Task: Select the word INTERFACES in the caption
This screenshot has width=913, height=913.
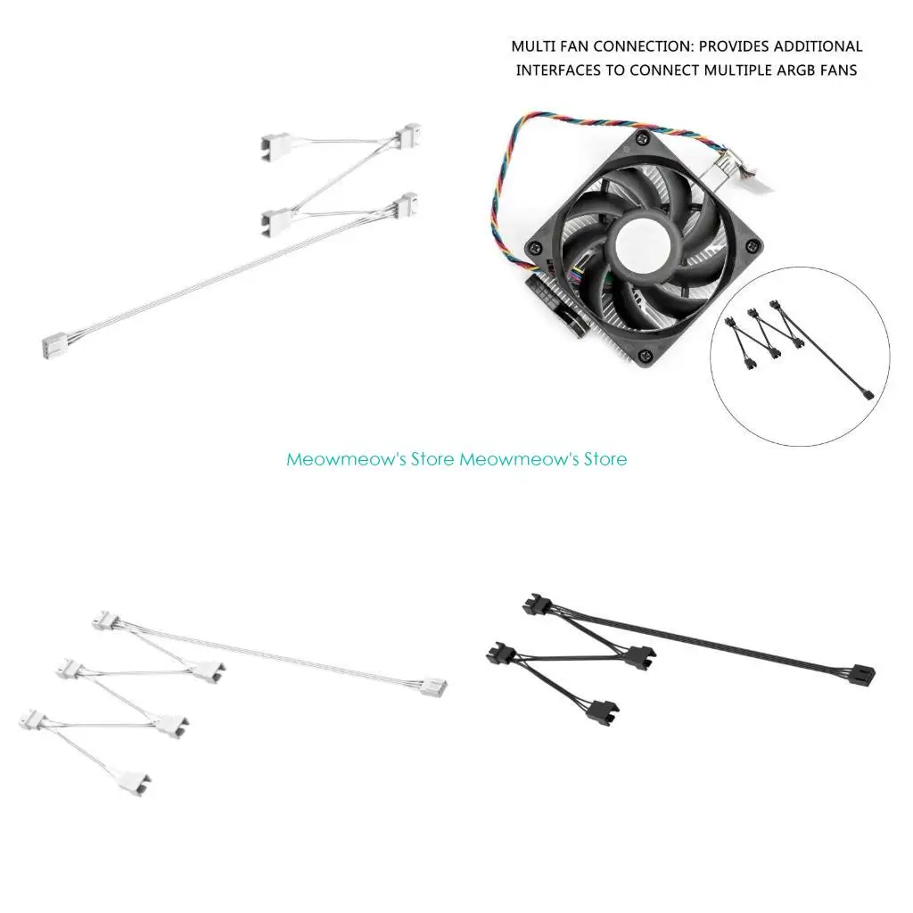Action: [558, 70]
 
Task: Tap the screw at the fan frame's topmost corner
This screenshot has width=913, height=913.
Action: [641, 139]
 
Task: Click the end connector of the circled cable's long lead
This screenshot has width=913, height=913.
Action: [868, 393]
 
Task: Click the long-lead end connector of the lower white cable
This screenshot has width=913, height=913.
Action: [434, 687]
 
